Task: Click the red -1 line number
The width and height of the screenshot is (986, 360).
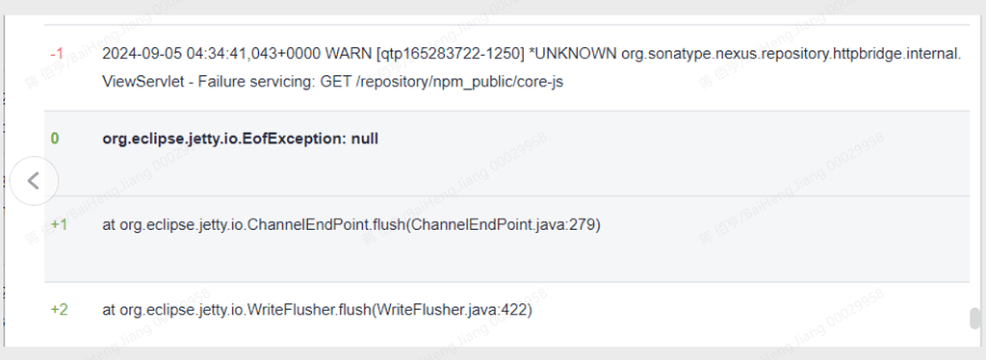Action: (x=57, y=54)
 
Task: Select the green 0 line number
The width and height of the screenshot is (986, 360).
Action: (x=55, y=139)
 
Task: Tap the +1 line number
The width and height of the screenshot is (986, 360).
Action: (x=59, y=225)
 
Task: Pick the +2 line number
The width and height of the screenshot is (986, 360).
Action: (x=59, y=311)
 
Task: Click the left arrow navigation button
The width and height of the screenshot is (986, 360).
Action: (x=34, y=180)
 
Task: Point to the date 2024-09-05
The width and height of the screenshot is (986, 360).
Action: (x=142, y=54)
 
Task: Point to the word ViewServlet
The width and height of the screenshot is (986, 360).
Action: (x=142, y=82)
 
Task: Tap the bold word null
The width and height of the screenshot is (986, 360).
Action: (x=365, y=139)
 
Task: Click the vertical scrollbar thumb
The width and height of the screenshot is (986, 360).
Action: (x=974, y=319)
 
